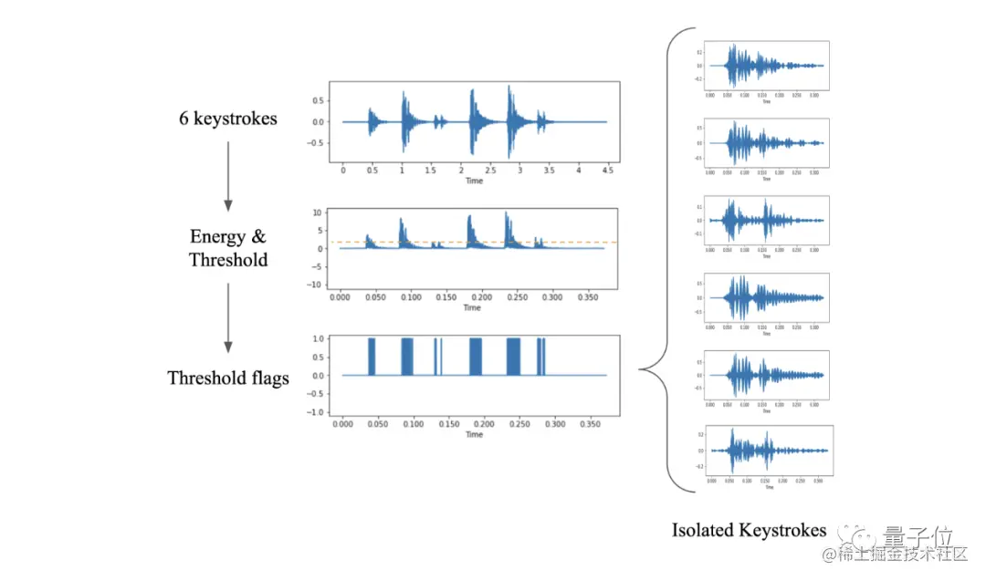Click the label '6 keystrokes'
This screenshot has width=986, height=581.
click(x=228, y=119)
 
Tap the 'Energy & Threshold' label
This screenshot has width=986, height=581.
click(x=228, y=248)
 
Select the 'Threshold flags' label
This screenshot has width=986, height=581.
click(x=228, y=378)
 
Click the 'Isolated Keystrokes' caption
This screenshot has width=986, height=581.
click(x=749, y=530)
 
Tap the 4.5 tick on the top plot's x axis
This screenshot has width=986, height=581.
click(x=607, y=171)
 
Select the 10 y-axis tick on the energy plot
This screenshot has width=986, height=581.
click(x=319, y=213)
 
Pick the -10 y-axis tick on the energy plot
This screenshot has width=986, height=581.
click(x=315, y=285)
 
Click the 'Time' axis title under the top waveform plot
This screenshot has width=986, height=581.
click(x=474, y=182)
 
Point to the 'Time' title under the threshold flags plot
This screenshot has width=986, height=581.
click(x=474, y=435)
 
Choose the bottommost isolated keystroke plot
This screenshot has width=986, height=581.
click(x=765, y=451)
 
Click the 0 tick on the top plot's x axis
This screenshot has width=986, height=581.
click(x=342, y=171)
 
